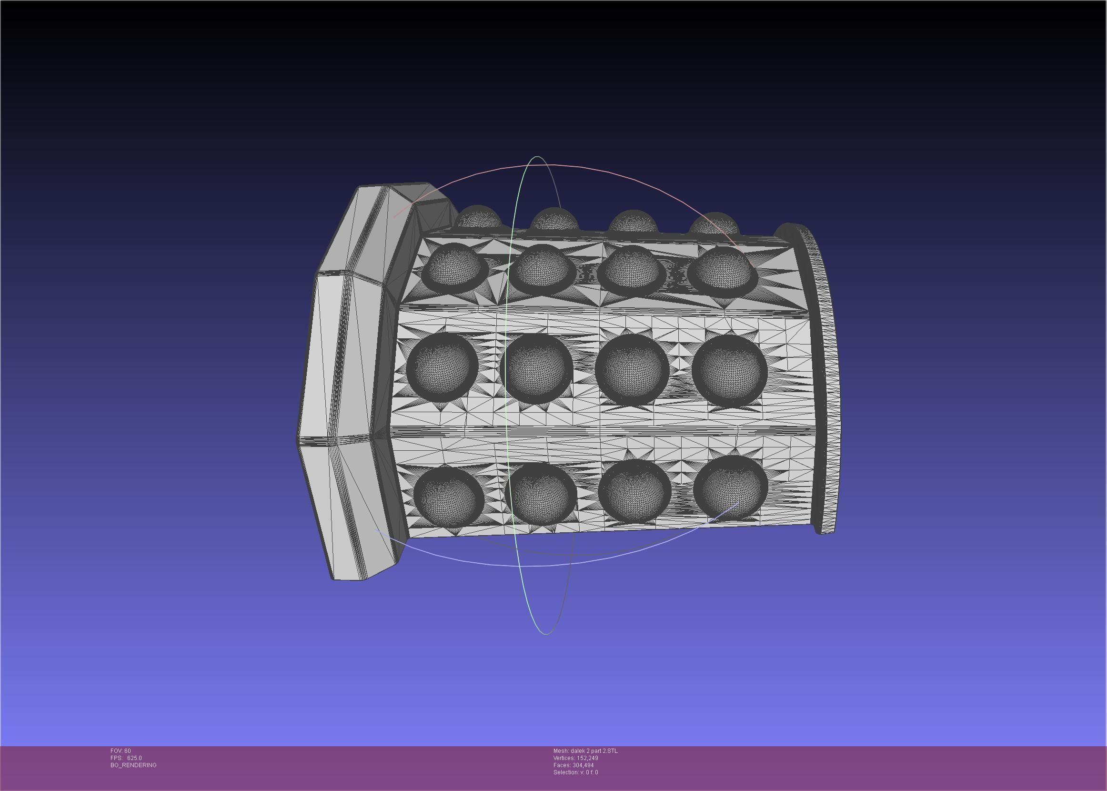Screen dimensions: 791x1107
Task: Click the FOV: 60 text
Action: tap(120, 750)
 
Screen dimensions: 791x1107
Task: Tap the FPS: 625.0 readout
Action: tap(126, 758)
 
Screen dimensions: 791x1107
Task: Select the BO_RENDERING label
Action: tap(133, 765)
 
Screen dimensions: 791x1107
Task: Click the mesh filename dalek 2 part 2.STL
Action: tap(585, 750)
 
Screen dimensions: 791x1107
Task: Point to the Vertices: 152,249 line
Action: tap(575, 758)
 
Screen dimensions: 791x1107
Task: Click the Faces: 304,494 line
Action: tap(573, 765)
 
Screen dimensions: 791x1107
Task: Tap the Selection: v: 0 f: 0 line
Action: tap(575, 772)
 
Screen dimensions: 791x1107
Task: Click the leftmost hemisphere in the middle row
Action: tap(442, 366)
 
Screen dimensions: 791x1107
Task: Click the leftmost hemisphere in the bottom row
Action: tap(448, 495)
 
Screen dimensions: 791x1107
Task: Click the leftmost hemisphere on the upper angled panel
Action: tap(455, 267)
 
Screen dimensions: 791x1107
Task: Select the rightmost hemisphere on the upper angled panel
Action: tap(723, 271)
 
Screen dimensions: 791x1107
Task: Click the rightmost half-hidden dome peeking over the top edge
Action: tap(714, 223)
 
